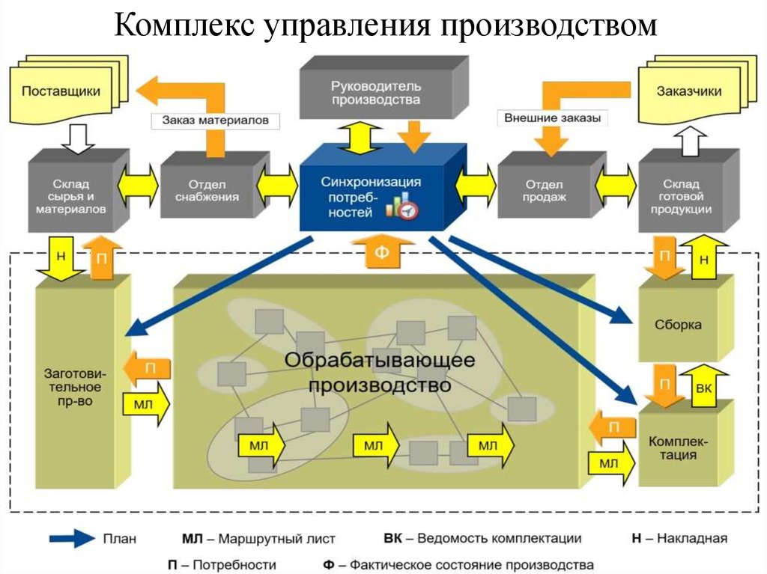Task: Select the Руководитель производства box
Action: click(383, 88)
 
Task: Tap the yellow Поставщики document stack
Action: click(68, 90)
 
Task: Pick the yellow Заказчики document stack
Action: click(697, 89)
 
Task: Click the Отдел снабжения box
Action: click(214, 191)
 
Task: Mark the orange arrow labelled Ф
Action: click(383, 251)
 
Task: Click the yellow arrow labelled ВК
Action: click(704, 385)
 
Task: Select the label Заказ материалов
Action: click(215, 120)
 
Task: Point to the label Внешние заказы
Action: click(552, 117)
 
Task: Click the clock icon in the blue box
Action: click(408, 210)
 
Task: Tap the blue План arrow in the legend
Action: click(72, 538)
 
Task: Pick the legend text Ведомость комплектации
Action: click(500, 538)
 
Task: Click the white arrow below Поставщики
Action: click(78, 138)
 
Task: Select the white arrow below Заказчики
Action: click(690, 141)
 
